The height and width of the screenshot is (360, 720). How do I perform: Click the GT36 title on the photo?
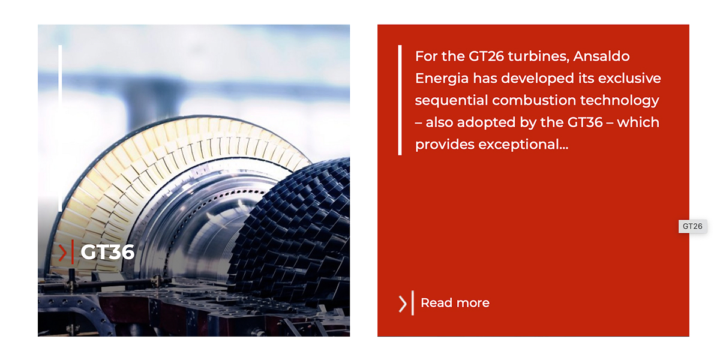tap(107, 251)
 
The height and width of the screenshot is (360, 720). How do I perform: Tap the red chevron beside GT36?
tap(62, 253)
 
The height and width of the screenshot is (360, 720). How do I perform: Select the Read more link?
tap(455, 303)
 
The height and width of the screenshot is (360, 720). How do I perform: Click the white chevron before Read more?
tap(403, 304)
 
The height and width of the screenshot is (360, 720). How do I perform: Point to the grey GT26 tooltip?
tap(692, 226)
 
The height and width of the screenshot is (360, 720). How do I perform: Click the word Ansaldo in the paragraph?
tap(601, 56)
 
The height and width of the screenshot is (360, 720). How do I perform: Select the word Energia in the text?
tap(442, 79)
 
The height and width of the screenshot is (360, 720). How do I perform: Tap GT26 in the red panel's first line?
tap(486, 56)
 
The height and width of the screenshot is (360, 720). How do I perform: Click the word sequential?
tap(451, 100)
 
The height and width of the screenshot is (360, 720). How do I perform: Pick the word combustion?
tap(534, 100)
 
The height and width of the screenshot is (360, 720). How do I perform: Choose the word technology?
tap(620, 100)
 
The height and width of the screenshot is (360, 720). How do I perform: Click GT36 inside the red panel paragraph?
tap(585, 122)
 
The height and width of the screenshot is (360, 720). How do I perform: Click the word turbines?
tap(538, 56)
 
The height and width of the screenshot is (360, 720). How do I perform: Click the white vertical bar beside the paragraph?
tap(400, 100)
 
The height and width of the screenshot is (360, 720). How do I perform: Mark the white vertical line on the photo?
tap(60, 128)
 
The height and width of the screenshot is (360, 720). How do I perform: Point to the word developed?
tap(538, 79)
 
